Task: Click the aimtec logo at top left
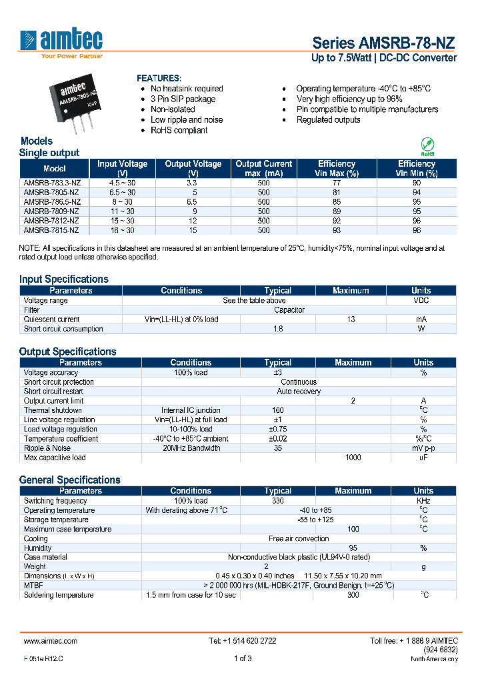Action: click(x=61, y=42)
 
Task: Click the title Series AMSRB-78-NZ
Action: click(x=384, y=43)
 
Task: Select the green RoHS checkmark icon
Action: click(x=427, y=145)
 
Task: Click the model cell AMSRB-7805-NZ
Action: click(x=51, y=192)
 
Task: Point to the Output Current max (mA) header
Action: click(x=263, y=168)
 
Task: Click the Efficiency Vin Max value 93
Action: click(x=337, y=230)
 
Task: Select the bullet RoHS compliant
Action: click(x=179, y=130)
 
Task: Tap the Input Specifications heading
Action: click(x=64, y=279)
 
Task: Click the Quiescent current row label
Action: click(x=52, y=319)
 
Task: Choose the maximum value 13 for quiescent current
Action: click(x=351, y=319)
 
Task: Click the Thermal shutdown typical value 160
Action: click(x=278, y=410)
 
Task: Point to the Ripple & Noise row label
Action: click(x=47, y=448)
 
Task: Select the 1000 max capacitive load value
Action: click(x=353, y=458)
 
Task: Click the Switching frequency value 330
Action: click(x=278, y=501)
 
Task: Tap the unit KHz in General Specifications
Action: click(x=423, y=501)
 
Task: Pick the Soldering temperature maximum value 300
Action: click(x=353, y=595)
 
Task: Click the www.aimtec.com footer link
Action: click(x=50, y=640)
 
